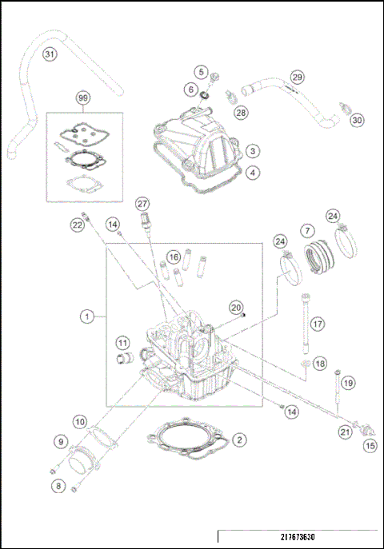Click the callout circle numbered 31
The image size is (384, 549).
[x=50, y=55]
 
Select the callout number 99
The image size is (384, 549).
[x=82, y=98]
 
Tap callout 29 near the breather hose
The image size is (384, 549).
[x=298, y=77]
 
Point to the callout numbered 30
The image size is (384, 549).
[x=358, y=120]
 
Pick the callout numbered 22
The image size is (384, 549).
[x=77, y=225]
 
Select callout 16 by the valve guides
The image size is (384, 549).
[x=172, y=257]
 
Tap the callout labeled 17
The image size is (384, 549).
[x=318, y=324]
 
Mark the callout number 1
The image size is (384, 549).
[x=86, y=316]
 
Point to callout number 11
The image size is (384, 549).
[x=122, y=344]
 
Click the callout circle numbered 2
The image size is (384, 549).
[x=239, y=440]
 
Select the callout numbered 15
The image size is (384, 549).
[x=370, y=447]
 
